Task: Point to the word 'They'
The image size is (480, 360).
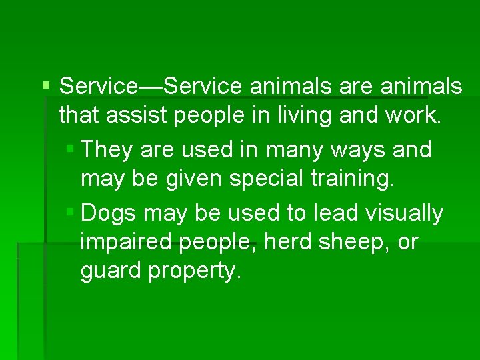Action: (106, 149)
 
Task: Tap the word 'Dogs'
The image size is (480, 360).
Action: (109, 213)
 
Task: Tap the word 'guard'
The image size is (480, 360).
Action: (107, 272)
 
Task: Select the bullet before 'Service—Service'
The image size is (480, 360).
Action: (45, 85)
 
